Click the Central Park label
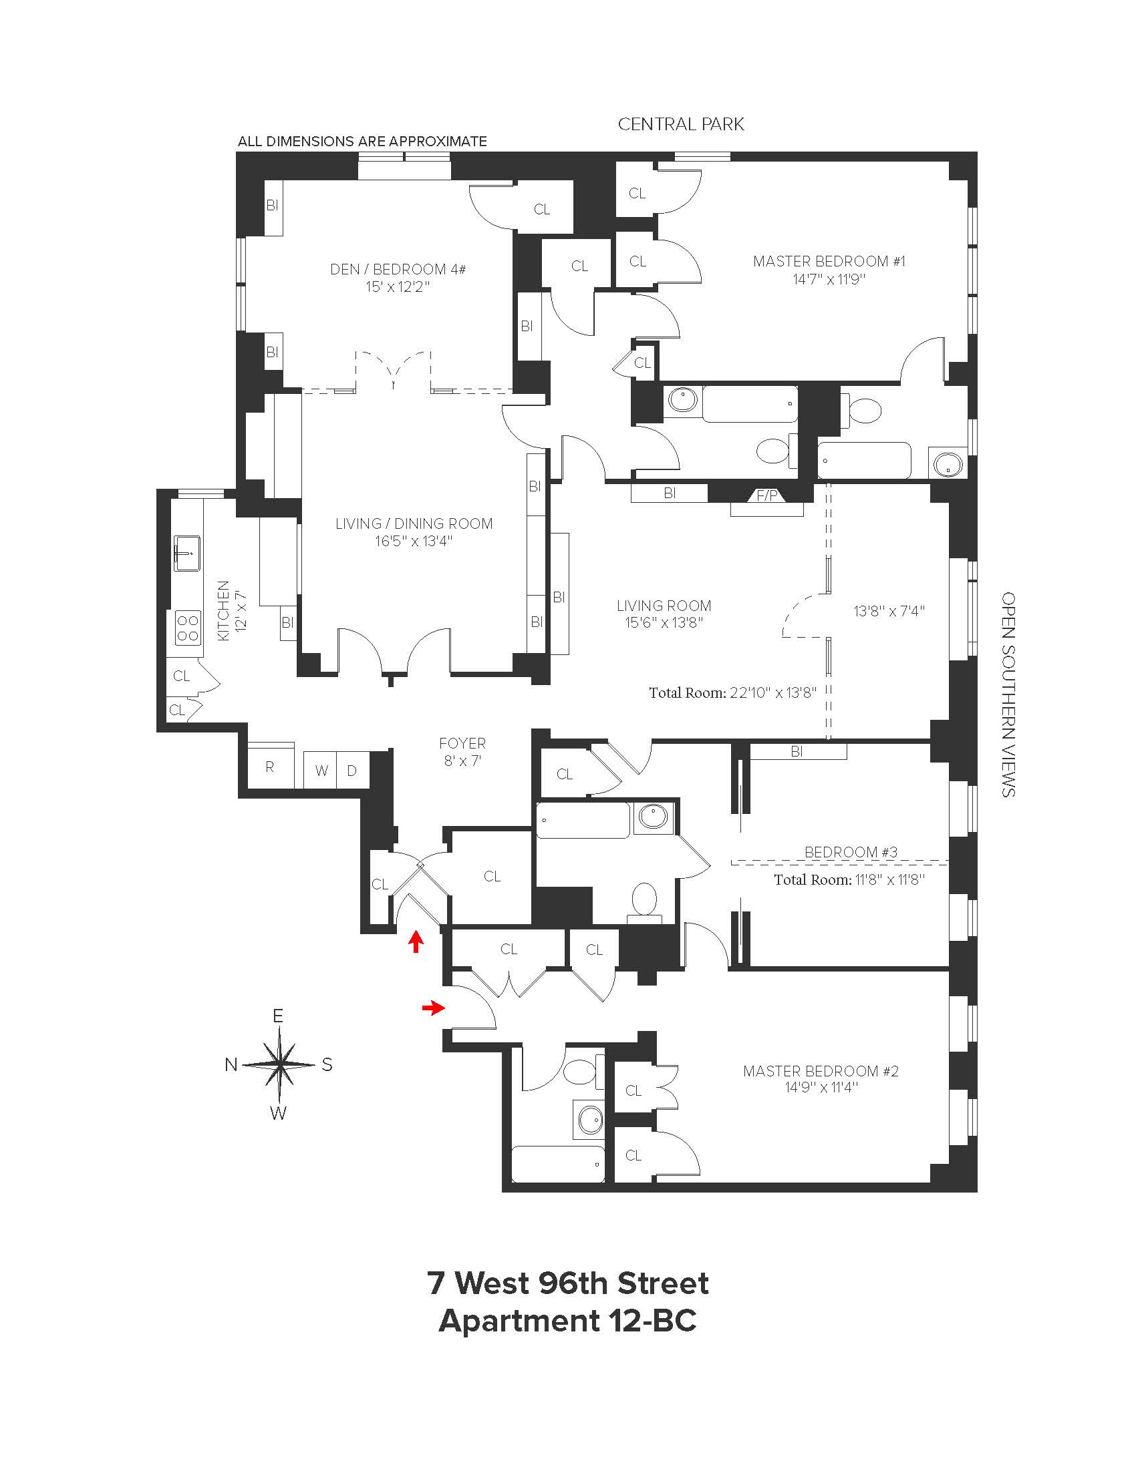[680, 124]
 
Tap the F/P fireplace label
[766, 495]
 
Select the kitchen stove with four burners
[188, 628]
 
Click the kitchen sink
[187, 553]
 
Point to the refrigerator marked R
[270, 767]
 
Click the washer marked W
[321, 771]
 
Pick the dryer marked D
[352, 771]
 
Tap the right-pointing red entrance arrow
[433, 1007]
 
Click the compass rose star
[279, 1064]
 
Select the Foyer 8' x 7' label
[462, 751]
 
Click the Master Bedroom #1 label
[829, 270]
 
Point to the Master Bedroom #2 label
[821, 1079]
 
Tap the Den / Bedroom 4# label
[398, 277]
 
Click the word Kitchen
[223, 610]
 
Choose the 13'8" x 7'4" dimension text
[889, 611]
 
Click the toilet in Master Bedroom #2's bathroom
[577, 1072]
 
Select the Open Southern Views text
[1008, 694]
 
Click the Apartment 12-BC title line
[567, 1320]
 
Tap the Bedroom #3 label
[851, 852]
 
